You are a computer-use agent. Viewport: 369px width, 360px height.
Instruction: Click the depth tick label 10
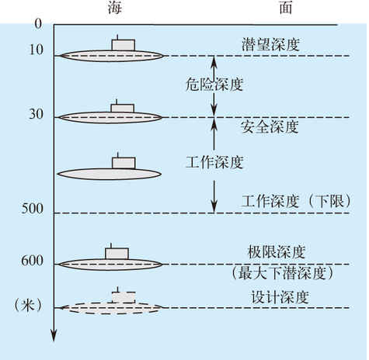pos(37,49)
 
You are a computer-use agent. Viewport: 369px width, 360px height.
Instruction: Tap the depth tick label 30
pos(37,114)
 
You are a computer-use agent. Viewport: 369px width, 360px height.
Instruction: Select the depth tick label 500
pos(33,209)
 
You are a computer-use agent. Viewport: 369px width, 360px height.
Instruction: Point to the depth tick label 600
pos(33,261)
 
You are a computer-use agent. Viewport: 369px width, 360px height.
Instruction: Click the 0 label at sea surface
pos(38,24)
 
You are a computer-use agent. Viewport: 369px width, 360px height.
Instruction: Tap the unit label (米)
pos(28,306)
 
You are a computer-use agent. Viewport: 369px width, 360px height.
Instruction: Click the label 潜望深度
pos(270,44)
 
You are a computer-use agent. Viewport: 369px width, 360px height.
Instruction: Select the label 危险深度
pos(214,85)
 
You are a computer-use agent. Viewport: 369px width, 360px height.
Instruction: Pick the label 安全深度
pos(270,126)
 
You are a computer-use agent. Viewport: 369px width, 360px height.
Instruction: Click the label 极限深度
pos(277,251)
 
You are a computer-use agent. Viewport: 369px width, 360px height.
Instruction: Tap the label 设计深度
pos(280,297)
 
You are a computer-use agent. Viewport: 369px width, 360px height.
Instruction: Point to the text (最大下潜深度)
pos(282,273)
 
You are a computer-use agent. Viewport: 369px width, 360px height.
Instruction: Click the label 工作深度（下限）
pos(296,201)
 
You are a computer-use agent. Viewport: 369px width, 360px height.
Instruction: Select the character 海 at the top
pos(115,8)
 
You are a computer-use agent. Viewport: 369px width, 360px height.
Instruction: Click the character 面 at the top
pos(286,8)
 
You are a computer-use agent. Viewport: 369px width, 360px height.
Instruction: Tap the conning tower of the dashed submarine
pos(124,297)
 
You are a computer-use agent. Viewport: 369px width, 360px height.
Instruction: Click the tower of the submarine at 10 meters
pos(124,45)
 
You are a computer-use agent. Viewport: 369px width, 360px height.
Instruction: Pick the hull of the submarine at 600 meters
pos(110,265)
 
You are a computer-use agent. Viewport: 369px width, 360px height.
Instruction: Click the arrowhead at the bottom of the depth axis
pos(54,335)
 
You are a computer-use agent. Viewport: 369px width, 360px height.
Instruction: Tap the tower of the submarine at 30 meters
pos(123,108)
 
